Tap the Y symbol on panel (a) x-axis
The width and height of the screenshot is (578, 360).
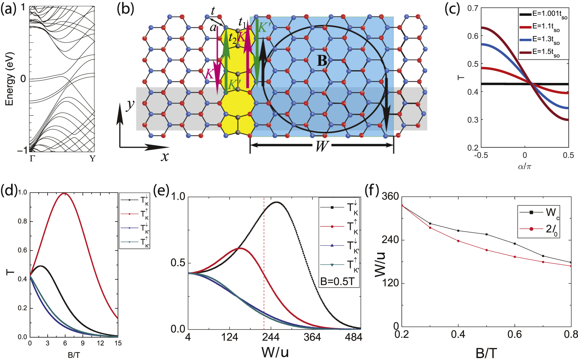[x=92, y=159]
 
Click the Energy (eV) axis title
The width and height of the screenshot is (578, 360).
[x=10, y=79]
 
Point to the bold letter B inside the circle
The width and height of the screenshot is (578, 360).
[x=322, y=60]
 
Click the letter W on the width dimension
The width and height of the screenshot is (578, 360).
[x=322, y=146]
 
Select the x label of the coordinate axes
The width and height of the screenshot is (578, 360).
[x=165, y=156]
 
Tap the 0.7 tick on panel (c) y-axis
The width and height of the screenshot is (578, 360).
[x=473, y=8]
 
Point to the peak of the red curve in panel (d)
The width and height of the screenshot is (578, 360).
[x=65, y=193]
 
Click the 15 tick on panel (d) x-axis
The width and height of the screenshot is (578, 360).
[x=118, y=343]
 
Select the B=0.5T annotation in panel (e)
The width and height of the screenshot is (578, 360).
[x=337, y=282]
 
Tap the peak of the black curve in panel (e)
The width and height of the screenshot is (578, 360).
[x=277, y=202]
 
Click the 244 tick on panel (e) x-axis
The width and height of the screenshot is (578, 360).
[x=271, y=337]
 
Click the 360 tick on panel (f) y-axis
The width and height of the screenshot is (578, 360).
[x=390, y=196]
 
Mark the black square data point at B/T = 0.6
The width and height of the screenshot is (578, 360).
[x=514, y=244]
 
